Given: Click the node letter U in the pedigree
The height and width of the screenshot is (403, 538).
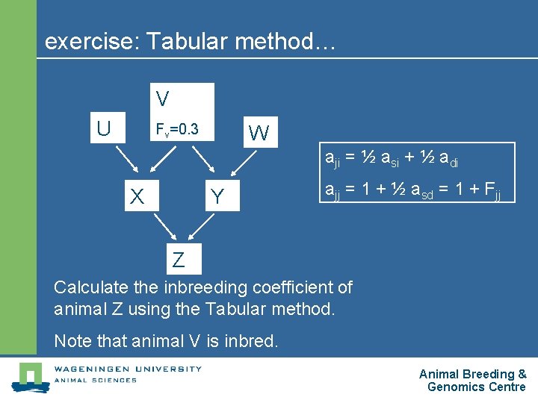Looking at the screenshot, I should point(103,128).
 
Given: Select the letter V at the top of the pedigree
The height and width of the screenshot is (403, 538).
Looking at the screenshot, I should point(162,99).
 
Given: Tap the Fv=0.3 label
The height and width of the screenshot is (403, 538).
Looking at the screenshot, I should point(176,129).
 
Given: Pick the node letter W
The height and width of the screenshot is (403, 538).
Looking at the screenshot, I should point(259,134).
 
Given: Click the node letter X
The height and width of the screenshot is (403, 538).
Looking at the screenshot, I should point(137,197).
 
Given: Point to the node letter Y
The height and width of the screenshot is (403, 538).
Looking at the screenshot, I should point(217,197).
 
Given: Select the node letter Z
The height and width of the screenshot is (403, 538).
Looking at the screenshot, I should point(179,260).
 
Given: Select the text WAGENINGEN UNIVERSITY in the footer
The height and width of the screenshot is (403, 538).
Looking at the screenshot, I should point(127,368).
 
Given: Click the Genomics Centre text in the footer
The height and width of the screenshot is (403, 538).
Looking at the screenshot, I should point(476,387).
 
